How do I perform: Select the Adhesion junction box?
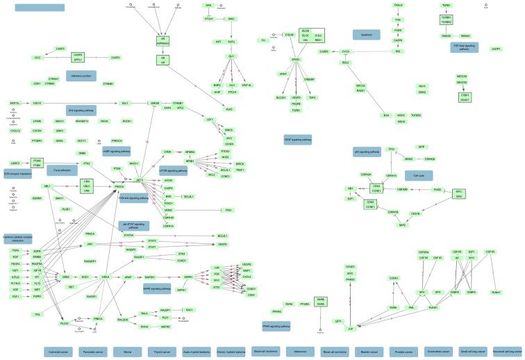(x=81, y=74)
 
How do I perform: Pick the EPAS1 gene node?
(x=294, y=60)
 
